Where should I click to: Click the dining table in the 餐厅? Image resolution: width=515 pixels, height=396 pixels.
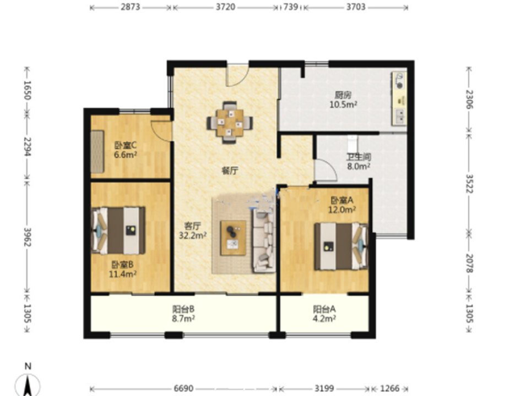[230, 123]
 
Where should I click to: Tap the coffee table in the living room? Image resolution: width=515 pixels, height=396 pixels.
[233, 238]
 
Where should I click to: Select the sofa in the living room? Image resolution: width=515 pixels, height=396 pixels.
[264, 241]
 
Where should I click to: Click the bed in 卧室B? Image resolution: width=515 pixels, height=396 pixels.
[118, 230]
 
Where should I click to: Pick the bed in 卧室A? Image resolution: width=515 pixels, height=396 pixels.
[341, 246]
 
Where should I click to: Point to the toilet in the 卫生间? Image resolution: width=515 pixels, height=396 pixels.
[352, 144]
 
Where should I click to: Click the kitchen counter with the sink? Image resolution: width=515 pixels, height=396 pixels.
[399, 98]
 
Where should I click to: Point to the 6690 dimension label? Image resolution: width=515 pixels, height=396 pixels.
[183, 388]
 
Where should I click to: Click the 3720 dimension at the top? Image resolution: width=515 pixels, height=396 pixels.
[225, 7]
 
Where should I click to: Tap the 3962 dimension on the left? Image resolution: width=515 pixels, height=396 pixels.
[27, 237]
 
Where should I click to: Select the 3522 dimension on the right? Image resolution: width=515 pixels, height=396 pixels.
[469, 183]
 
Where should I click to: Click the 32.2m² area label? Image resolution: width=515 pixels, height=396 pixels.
[192, 235]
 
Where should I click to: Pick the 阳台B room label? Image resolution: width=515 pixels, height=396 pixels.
[183, 309]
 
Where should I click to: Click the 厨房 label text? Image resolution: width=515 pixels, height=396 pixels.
[343, 95]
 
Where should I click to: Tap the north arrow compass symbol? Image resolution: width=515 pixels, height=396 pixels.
[28, 384]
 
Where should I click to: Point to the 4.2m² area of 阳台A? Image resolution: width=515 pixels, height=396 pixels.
[324, 318]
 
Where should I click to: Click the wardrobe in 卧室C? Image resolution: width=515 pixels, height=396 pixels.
[97, 152]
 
